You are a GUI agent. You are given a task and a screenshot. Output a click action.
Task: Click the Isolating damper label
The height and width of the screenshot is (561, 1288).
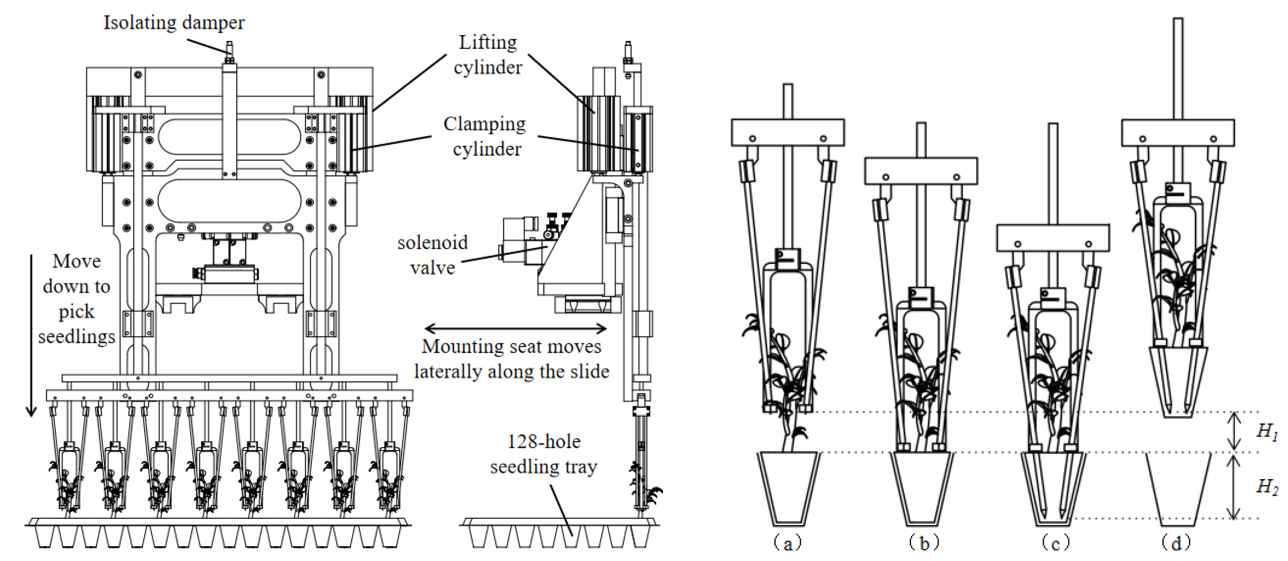[174, 23]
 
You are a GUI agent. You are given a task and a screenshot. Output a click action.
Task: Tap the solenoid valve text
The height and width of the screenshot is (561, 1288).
[433, 255]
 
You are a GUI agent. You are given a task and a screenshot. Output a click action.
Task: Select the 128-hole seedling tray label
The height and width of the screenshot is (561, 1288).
[544, 454]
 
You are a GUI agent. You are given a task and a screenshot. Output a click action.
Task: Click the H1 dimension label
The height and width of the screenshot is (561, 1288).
[1266, 431]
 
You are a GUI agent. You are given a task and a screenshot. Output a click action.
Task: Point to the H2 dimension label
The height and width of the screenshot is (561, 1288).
[1266, 486]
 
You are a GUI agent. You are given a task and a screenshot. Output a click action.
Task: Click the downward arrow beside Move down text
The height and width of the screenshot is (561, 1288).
[32, 335]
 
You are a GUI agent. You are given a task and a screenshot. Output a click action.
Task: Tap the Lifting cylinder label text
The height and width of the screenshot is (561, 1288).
[487, 54]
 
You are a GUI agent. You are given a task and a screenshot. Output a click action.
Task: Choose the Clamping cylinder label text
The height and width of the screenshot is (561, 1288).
[485, 136]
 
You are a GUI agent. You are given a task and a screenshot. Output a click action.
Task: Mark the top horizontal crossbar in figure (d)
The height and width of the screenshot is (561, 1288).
[1177, 133]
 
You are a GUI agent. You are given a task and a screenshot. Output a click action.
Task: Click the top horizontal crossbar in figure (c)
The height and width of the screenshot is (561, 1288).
[1053, 238]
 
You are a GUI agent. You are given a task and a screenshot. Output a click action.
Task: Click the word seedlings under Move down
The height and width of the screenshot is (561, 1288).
[77, 336]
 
